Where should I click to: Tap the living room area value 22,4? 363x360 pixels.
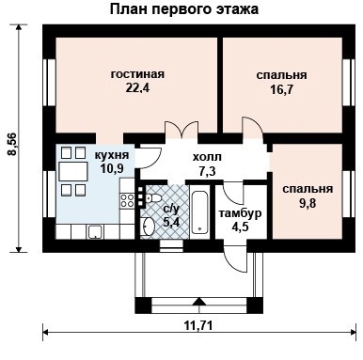pyautogui.click(x=137, y=89)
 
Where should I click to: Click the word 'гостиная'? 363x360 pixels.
pyautogui.click(x=137, y=73)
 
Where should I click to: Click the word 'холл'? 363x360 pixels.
pyautogui.click(x=207, y=158)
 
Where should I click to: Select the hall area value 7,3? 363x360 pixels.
pyautogui.click(x=207, y=172)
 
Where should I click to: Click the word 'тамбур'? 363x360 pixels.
pyautogui.click(x=241, y=213)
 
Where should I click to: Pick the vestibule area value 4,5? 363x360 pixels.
pyautogui.click(x=241, y=227)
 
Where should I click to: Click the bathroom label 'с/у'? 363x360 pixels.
pyautogui.click(x=171, y=209)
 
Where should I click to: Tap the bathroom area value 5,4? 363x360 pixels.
pyautogui.click(x=171, y=223)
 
